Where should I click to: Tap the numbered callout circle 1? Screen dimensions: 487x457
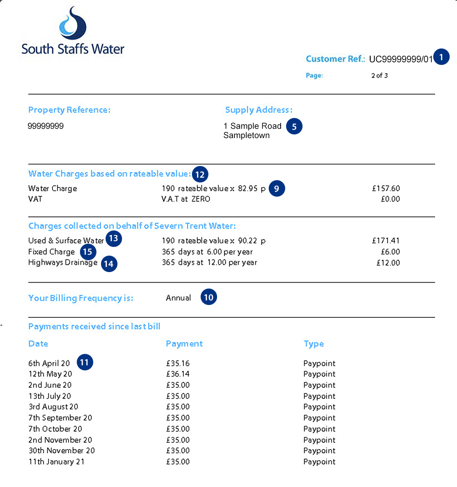pyautogui.click(x=441, y=57)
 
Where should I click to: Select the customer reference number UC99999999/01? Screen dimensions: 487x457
pyautogui.click(x=400, y=59)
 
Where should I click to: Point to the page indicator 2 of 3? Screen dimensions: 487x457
pyautogui.click(x=379, y=76)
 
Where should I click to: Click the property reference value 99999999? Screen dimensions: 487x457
pyautogui.click(x=46, y=126)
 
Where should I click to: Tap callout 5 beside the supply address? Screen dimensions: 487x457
pyautogui.click(x=294, y=127)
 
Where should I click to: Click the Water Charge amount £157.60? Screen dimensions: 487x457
pyautogui.click(x=386, y=188)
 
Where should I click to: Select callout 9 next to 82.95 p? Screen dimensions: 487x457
pyautogui.click(x=277, y=188)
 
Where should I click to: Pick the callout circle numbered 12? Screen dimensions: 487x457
pyautogui.click(x=200, y=174)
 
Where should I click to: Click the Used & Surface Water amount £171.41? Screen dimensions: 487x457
pyautogui.click(x=386, y=241)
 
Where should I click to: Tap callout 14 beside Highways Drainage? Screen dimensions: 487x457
pyautogui.click(x=109, y=264)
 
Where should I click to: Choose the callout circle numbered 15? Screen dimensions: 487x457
pyautogui.click(x=88, y=252)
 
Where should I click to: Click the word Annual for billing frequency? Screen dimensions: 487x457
pyautogui.click(x=178, y=298)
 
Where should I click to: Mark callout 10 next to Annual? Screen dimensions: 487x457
pyautogui.click(x=209, y=298)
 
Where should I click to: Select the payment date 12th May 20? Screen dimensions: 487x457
pyautogui.click(x=50, y=374)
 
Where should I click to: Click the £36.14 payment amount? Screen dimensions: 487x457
pyautogui.click(x=178, y=374)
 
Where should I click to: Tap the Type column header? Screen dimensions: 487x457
pyautogui.click(x=314, y=344)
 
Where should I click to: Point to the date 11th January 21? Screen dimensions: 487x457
pyautogui.click(x=56, y=462)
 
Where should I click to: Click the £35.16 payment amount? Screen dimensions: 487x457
pyautogui.click(x=178, y=364)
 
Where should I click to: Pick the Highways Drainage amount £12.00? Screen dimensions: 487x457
pyautogui.click(x=388, y=263)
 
